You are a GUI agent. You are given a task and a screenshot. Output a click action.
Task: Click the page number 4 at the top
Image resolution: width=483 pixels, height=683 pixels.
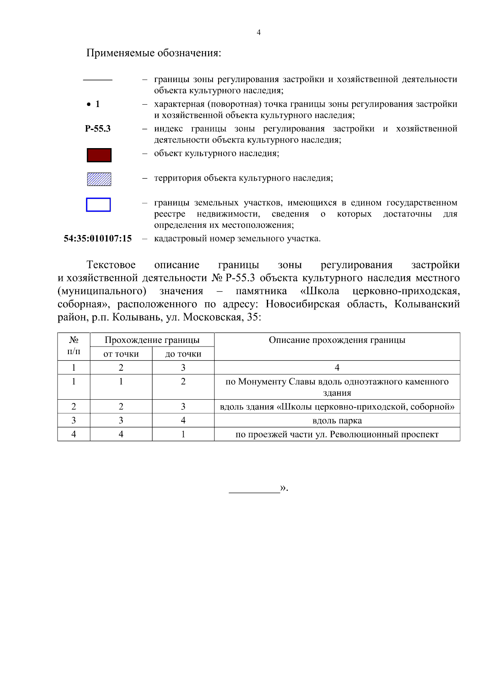(x=258, y=33)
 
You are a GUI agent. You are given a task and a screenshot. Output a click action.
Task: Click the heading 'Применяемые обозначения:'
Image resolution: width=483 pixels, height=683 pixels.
(x=154, y=53)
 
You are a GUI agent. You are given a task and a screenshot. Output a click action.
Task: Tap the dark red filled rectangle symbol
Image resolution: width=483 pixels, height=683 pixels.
(x=99, y=155)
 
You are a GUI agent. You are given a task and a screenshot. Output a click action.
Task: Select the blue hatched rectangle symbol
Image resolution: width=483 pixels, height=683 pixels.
(x=99, y=179)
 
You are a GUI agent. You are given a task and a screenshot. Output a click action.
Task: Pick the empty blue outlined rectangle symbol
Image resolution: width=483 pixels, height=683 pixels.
(x=98, y=204)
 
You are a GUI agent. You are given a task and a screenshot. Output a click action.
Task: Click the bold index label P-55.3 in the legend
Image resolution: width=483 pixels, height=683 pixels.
(x=98, y=129)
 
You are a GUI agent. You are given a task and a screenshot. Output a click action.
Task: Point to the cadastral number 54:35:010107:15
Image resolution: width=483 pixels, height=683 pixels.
(x=98, y=239)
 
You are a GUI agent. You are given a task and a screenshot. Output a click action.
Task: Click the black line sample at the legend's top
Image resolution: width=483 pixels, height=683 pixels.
(x=98, y=80)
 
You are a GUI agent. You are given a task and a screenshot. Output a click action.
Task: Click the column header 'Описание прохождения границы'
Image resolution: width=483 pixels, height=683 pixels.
(x=337, y=340)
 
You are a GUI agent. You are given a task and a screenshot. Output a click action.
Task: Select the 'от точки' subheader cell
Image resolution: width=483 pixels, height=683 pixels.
(x=121, y=354)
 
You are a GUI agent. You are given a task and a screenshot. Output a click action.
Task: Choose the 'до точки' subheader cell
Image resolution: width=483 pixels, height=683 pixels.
(x=183, y=354)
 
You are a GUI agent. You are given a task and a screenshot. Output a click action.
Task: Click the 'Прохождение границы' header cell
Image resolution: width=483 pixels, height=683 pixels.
(x=152, y=340)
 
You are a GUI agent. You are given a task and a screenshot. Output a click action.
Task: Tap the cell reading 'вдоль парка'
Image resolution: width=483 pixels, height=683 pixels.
(x=337, y=421)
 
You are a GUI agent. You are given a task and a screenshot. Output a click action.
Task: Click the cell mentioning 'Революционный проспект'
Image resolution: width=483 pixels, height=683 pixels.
(x=337, y=435)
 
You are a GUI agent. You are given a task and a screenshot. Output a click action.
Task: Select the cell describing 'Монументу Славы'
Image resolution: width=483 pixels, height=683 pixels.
(x=337, y=387)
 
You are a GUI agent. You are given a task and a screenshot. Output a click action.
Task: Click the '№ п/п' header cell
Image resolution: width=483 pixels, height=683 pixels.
(x=74, y=346)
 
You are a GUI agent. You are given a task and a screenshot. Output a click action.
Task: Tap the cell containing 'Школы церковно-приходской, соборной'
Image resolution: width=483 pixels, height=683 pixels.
(x=337, y=407)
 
